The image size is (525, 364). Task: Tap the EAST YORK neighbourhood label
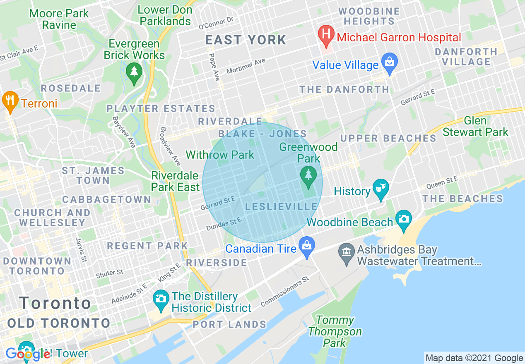(x=246, y=40)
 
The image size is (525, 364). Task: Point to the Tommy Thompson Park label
(x=335, y=331)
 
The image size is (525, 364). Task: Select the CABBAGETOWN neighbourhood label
(x=107, y=199)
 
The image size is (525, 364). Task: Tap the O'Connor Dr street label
(x=216, y=23)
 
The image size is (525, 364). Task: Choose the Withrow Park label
(x=220, y=155)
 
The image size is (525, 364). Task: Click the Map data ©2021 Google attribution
(x=474, y=358)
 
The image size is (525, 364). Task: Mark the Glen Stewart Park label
(x=475, y=127)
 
